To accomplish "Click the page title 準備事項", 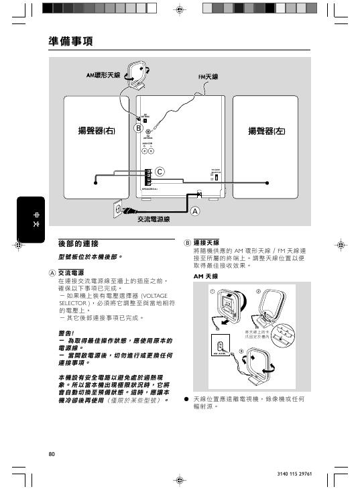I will coord(70,42).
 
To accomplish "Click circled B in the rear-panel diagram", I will coord(137,127).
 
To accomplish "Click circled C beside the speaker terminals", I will coord(160,172).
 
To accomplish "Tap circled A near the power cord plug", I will coord(195,210).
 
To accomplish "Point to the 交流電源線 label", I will coord(154,219).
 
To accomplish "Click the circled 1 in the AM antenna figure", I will coord(212,291).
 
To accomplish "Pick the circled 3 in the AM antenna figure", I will coord(241,352).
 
